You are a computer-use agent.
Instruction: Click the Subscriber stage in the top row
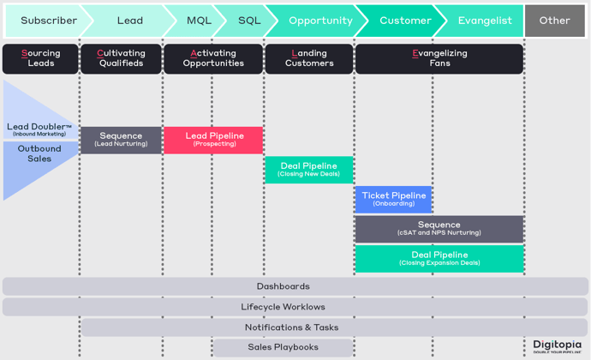click(x=46, y=21)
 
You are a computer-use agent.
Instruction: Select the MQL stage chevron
click(x=198, y=21)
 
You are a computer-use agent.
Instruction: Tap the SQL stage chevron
click(x=248, y=21)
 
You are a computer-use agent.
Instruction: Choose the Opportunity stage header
click(x=319, y=21)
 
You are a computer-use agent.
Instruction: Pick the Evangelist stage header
click(x=484, y=21)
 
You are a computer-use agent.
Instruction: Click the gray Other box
click(x=554, y=21)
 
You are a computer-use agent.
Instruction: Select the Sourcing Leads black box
click(x=40, y=58)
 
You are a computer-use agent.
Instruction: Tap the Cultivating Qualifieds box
click(x=121, y=58)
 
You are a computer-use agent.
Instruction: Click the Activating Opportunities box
click(x=213, y=58)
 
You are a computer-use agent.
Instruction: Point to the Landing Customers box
click(x=309, y=58)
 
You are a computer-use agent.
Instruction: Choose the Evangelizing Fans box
click(x=439, y=58)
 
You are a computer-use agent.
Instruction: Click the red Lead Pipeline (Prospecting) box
click(x=213, y=140)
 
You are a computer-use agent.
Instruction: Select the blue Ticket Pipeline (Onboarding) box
click(x=393, y=199)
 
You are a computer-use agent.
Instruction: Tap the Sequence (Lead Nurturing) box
click(x=121, y=140)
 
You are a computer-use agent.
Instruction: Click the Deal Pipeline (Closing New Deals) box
click(x=308, y=170)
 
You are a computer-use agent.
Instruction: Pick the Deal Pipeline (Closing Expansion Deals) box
click(x=439, y=259)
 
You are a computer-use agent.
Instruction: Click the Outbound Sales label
click(x=39, y=153)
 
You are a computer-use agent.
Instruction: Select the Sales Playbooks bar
click(x=283, y=347)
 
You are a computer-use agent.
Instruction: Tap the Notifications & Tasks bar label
click(x=291, y=327)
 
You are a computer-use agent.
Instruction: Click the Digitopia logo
click(x=558, y=345)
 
